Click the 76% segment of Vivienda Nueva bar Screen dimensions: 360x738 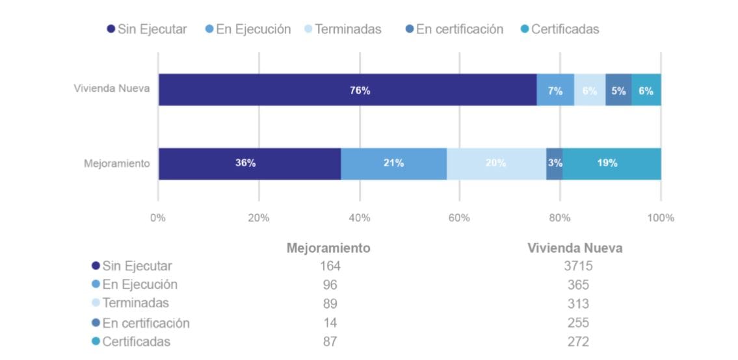tap(347, 90)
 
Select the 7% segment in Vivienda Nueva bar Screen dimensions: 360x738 tap(555, 90)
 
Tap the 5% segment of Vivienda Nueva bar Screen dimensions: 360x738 tap(618, 90)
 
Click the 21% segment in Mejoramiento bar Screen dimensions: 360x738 tap(393, 163)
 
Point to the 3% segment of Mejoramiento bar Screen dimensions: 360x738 tap(555, 163)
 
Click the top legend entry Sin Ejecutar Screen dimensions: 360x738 tap(147, 29)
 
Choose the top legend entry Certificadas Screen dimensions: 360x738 tap(560, 29)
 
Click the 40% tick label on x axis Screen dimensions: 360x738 tap(359, 218)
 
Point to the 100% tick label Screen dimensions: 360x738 tap(661, 218)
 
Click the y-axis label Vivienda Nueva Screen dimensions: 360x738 tap(112, 89)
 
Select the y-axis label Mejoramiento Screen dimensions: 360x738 tap(117, 163)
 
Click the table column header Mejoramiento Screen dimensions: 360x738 tap(328, 248)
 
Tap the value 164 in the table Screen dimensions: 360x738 tap(330, 266)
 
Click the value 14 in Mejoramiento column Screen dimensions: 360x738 tap(330, 322)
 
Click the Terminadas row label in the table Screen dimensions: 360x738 tap(135, 303)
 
